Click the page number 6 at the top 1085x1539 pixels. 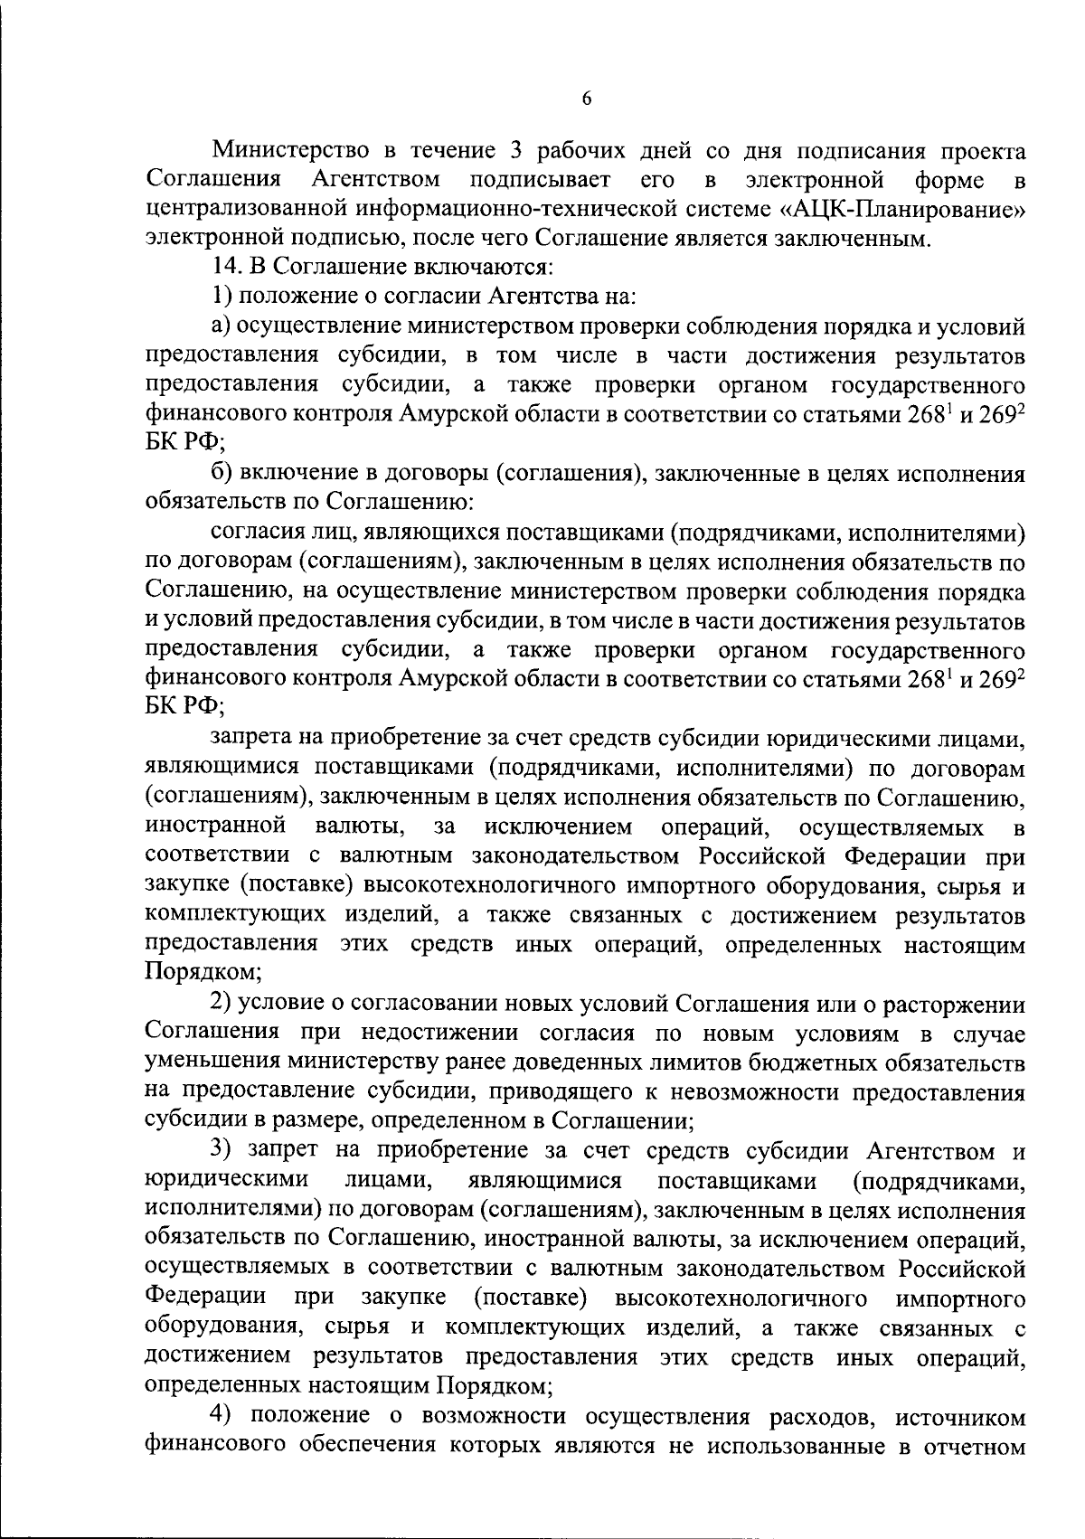[x=587, y=99]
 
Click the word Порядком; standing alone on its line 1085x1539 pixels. [x=203, y=973]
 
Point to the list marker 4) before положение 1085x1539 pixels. [x=222, y=1416]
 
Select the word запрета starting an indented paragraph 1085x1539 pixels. [x=251, y=739]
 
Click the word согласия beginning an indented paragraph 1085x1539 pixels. [x=255, y=533]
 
